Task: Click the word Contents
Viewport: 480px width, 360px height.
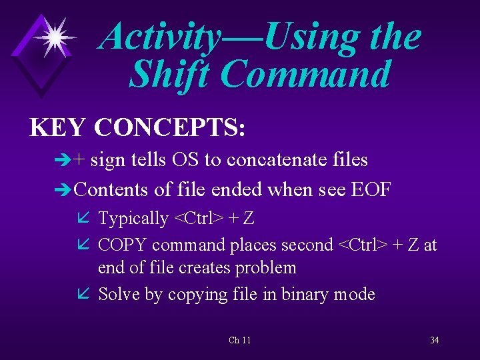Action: click(x=111, y=189)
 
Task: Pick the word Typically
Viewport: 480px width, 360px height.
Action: click(x=133, y=218)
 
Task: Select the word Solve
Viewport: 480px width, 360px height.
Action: click(x=118, y=294)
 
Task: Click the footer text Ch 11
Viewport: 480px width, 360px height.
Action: click(x=239, y=340)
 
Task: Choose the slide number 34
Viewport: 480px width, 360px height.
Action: click(x=434, y=340)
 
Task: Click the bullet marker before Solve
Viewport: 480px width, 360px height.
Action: click(x=84, y=294)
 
